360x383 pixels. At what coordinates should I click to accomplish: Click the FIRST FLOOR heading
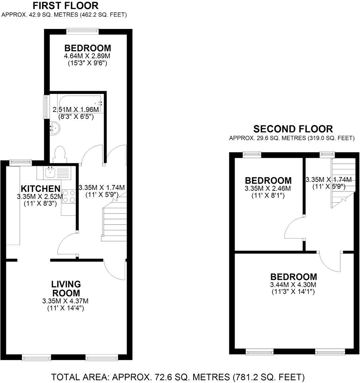(x=66, y=6)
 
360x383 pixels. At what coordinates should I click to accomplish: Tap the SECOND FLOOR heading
(x=293, y=129)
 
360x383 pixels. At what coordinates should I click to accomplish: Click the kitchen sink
(x=53, y=173)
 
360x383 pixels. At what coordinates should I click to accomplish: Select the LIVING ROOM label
(x=65, y=288)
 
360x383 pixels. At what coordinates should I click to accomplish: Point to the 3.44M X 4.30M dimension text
(x=294, y=284)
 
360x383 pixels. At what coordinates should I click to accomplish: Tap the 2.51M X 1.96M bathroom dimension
(x=76, y=110)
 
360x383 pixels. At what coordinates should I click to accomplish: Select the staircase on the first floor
(x=114, y=220)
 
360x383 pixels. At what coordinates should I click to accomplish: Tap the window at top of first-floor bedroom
(x=82, y=31)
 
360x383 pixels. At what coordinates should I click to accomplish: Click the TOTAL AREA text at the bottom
(x=178, y=376)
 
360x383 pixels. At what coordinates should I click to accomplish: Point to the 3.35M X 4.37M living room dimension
(x=65, y=301)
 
